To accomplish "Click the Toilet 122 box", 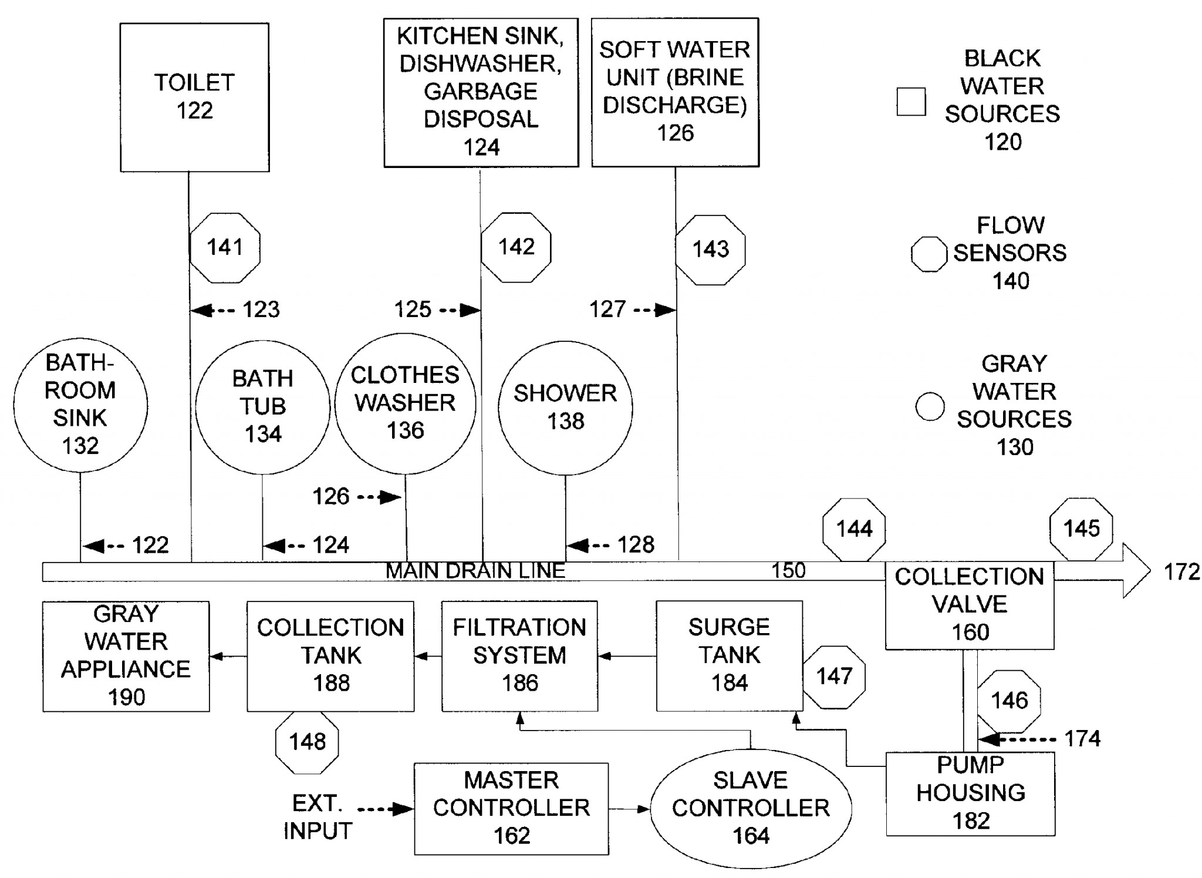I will pyautogui.click(x=194, y=97).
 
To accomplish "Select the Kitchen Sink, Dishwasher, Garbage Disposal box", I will pyautogui.click(x=481, y=93).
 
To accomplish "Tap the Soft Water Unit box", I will pyautogui.click(x=675, y=92).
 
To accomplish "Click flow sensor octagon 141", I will pyautogui.click(x=225, y=248).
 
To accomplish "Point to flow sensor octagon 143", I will pyautogui.click(x=710, y=250).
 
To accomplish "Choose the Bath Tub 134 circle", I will pyautogui.click(x=262, y=407).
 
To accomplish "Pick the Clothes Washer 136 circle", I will pyautogui.click(x=405, y=403).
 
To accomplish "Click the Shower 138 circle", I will pyautogui.click(x=565, y=408).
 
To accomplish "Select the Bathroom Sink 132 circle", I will pyautogui.click(x=80, y=405).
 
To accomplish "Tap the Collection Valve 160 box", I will pyautogui.click(x=970, y=605).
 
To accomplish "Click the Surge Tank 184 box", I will pyautogui.click(x=729, y=655).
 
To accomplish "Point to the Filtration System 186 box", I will pyautogui.click(x=519, y=655).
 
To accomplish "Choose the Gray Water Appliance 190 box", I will pyautogui.click(x=126, y=656).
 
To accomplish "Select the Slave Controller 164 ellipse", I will pyautogui.click(x=751, y=808).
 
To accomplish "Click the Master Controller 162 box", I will pyautogui.click(x=511, y=808).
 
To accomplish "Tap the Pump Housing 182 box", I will pyautogui.click(x=970, y=793).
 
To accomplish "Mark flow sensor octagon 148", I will pyautogui.click(x=307, y=742).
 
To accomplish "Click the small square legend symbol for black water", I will pyautogui.click(x=911, y=102).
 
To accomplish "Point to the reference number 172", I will pyautogui.click(x=1181, y=571).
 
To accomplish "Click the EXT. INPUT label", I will pyautogui.click(x=318, y=817).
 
